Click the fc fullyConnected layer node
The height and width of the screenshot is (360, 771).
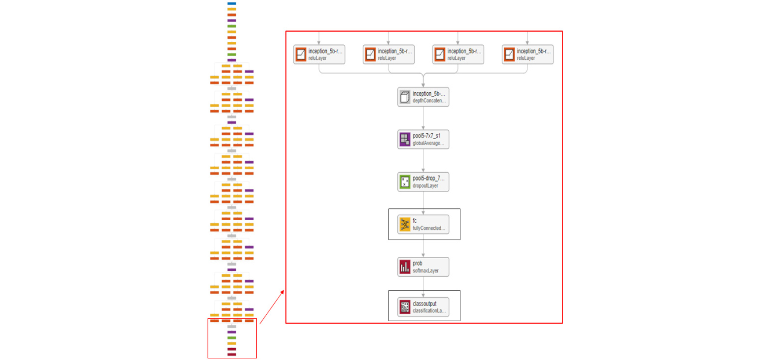coord(423,224)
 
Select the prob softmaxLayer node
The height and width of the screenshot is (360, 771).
coord(423,267)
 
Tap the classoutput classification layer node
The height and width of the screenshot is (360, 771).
coord(423,307)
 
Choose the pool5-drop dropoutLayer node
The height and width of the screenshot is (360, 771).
coord(423,182)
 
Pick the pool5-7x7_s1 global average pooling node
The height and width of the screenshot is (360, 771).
coord(423,139)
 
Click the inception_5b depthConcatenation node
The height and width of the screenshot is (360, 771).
coord(423,97)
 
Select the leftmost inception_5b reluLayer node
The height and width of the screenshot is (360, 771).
coord(319,54)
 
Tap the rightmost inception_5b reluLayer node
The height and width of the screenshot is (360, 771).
coord(527,54)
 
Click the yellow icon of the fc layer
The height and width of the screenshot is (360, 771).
coord(405,224)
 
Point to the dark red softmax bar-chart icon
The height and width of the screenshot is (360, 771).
coord(405,267)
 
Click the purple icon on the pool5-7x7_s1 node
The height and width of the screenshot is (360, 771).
coord(405,139)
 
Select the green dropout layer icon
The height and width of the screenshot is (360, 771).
coord(405,182)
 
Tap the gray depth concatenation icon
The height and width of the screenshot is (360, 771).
coord(405,97)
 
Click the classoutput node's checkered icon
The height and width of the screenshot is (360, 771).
coord(405,307)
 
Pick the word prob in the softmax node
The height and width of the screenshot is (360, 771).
coord(417,263)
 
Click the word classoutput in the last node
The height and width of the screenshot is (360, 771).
coord(424,303)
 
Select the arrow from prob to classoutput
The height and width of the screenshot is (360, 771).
coord(423,287)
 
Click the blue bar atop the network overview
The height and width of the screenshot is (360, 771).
coord(231,3)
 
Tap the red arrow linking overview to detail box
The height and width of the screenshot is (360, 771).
coord(272,307)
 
